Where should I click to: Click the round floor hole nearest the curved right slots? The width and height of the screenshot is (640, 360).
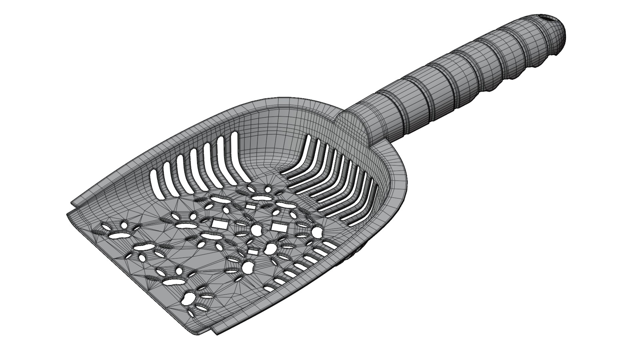(x=317, y=232)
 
